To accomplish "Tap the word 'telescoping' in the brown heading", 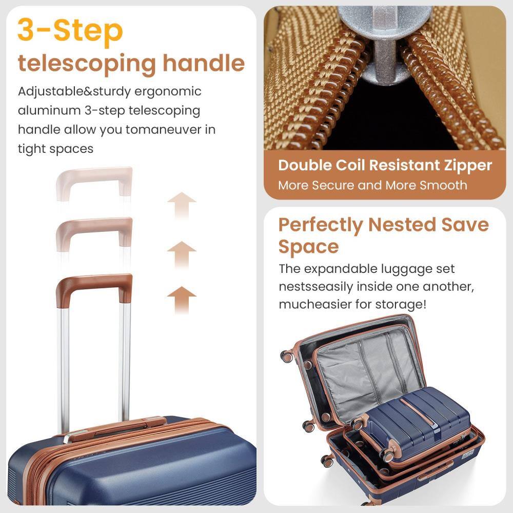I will [x=85, y=64].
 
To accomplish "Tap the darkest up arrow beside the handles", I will [x=182, y=299].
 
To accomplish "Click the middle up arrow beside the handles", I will [x=182, y=253].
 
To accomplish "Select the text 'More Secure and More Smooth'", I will [x=372, y=185].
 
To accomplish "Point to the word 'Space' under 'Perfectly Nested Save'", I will [x=308, y=247].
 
